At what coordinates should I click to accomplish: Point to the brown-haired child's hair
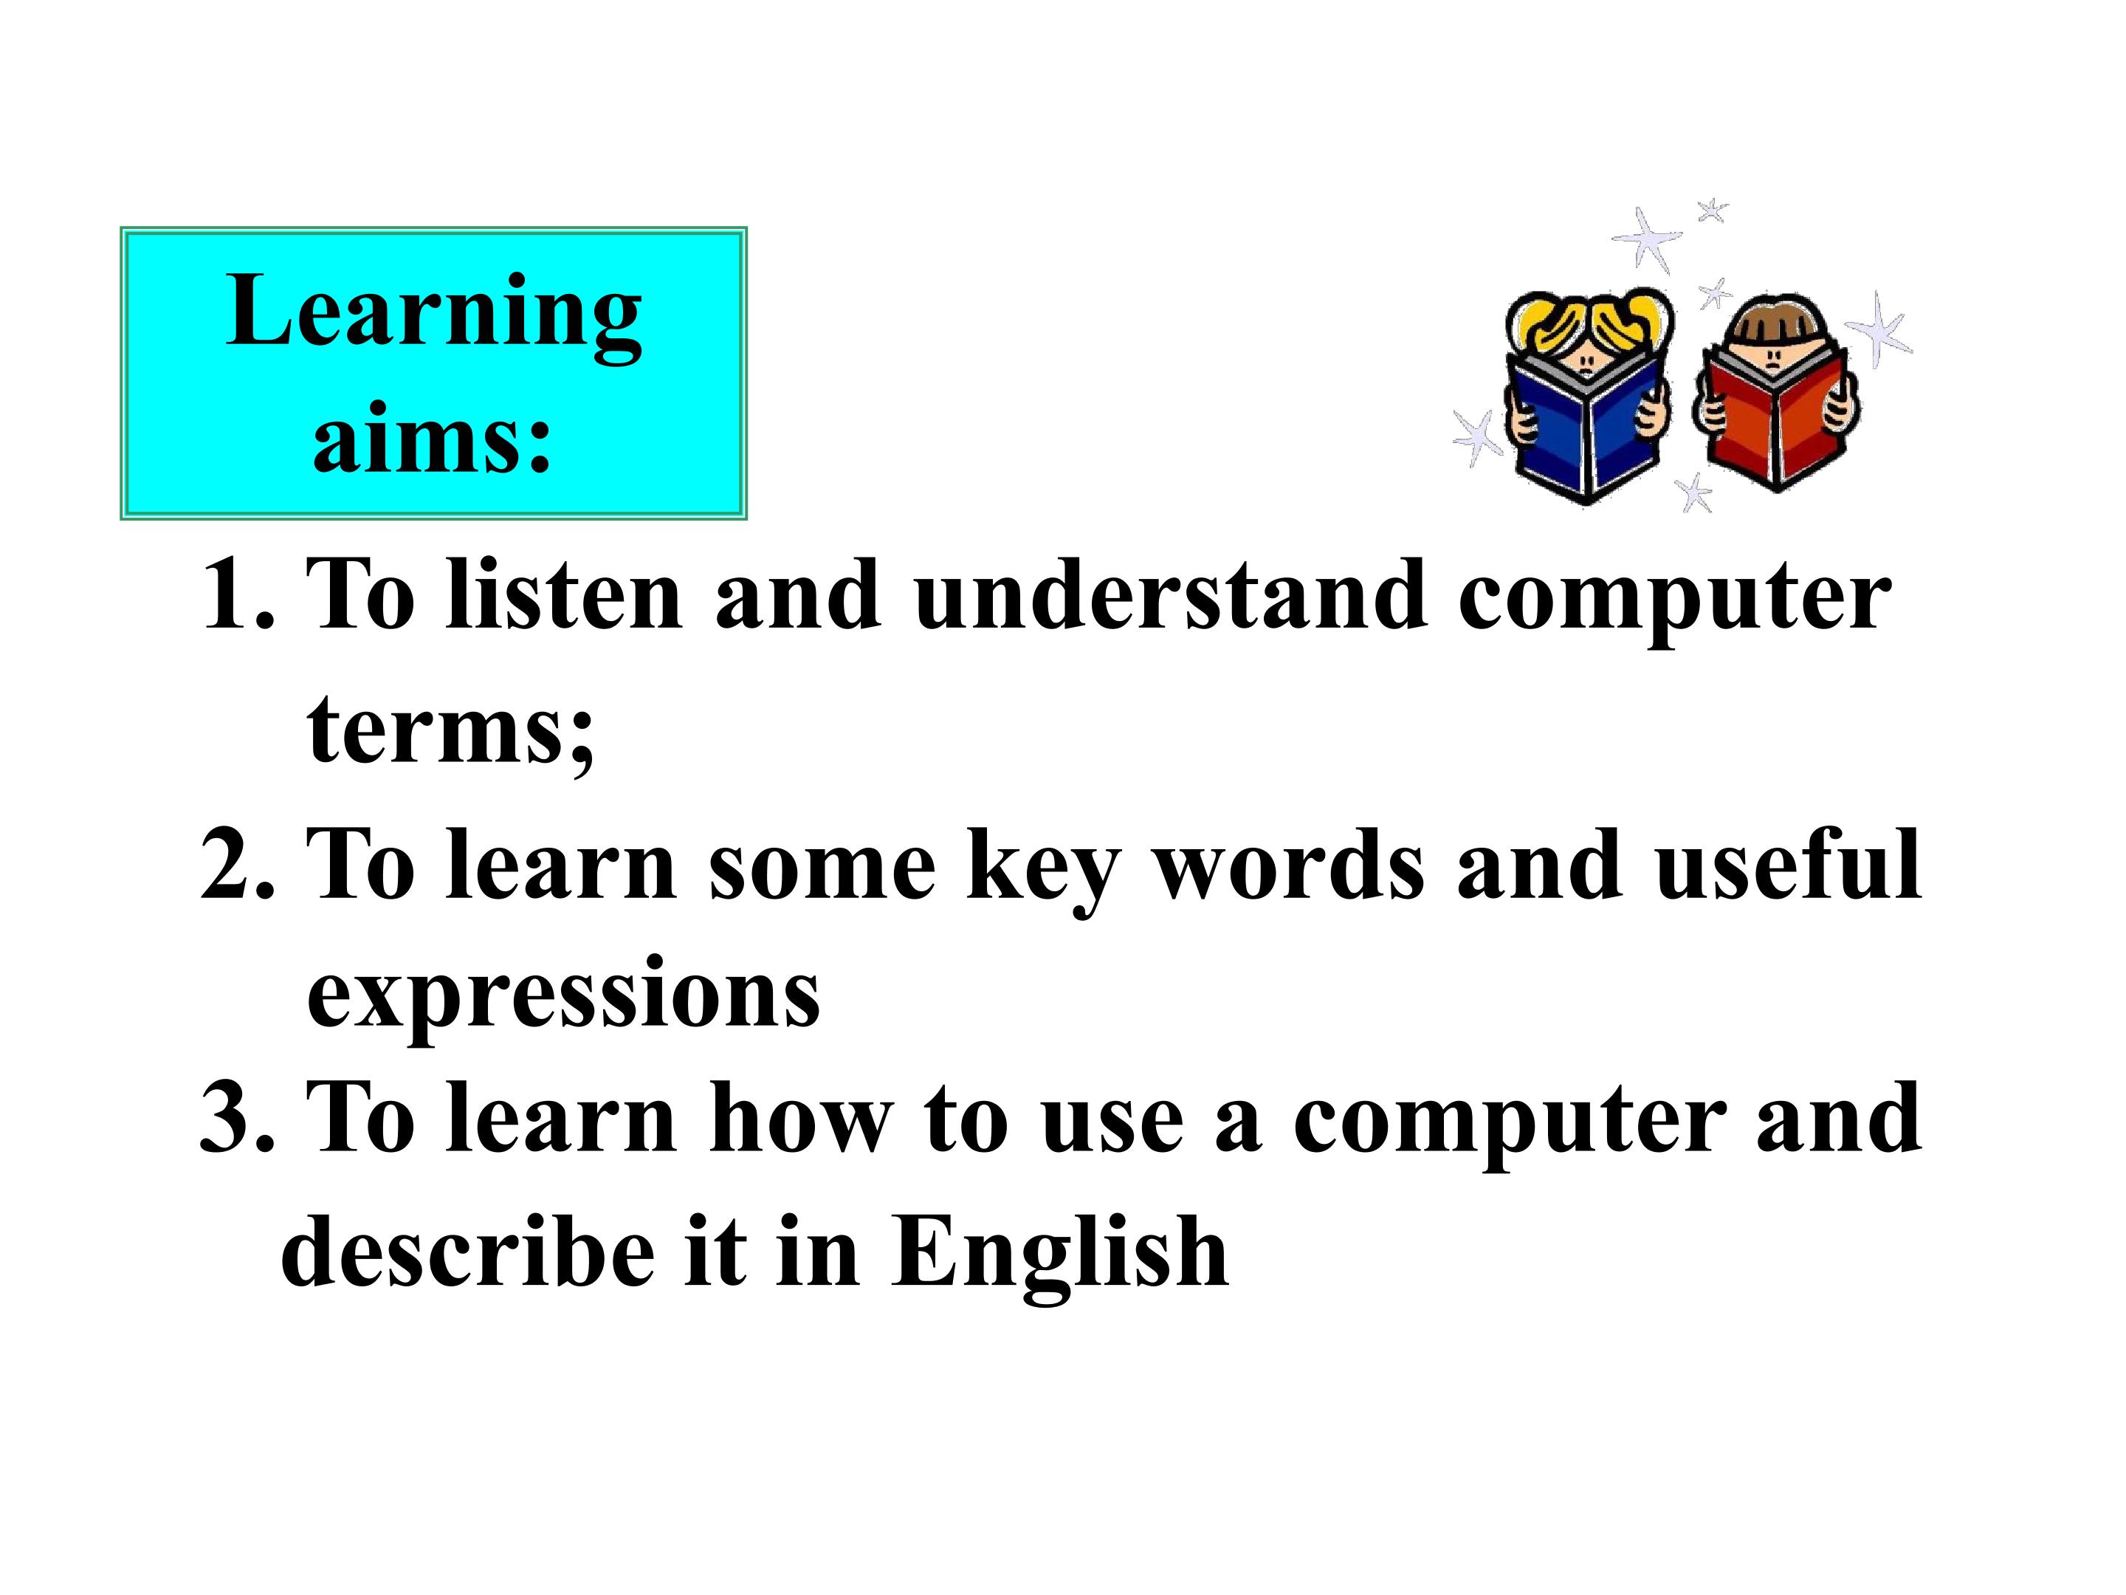(1769, 321)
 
